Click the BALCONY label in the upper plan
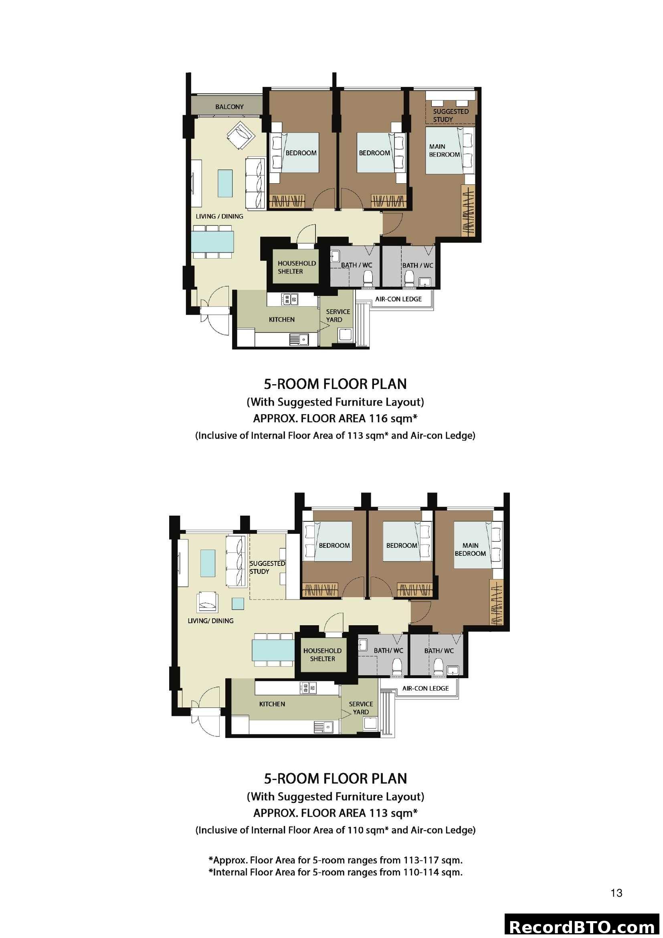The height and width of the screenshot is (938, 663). coord(229,107)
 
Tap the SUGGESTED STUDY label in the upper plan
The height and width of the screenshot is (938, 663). coord(450,115)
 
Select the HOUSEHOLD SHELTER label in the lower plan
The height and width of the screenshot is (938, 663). coord(322,654)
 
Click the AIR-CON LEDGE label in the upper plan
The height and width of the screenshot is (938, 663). coord(398,299)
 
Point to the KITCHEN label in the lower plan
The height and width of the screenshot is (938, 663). coord(272,704)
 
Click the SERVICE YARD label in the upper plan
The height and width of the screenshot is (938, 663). coord(338,315)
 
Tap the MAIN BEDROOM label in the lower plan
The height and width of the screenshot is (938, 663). coord(470,549)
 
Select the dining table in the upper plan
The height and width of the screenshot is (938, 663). coord(213,241)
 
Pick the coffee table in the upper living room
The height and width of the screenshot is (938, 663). coord(225,183)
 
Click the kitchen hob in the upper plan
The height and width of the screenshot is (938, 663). coord(289,300)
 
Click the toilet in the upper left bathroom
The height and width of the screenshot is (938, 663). coord(368,279)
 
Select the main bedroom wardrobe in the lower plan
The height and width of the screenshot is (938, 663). coord(497,602)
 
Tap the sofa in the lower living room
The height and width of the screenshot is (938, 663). coord(236,562)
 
